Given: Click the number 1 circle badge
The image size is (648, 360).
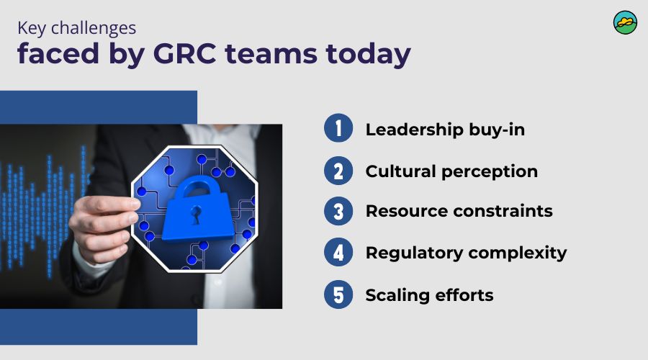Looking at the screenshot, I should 338,130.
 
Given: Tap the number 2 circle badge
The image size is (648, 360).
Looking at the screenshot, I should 338,171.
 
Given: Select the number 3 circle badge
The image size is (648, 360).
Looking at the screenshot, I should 338,212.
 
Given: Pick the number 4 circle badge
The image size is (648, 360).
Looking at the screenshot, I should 338,253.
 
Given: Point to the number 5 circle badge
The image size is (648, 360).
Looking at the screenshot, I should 338,294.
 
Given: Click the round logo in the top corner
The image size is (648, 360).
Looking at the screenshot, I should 625,22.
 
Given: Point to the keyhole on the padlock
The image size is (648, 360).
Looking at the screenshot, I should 195,215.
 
